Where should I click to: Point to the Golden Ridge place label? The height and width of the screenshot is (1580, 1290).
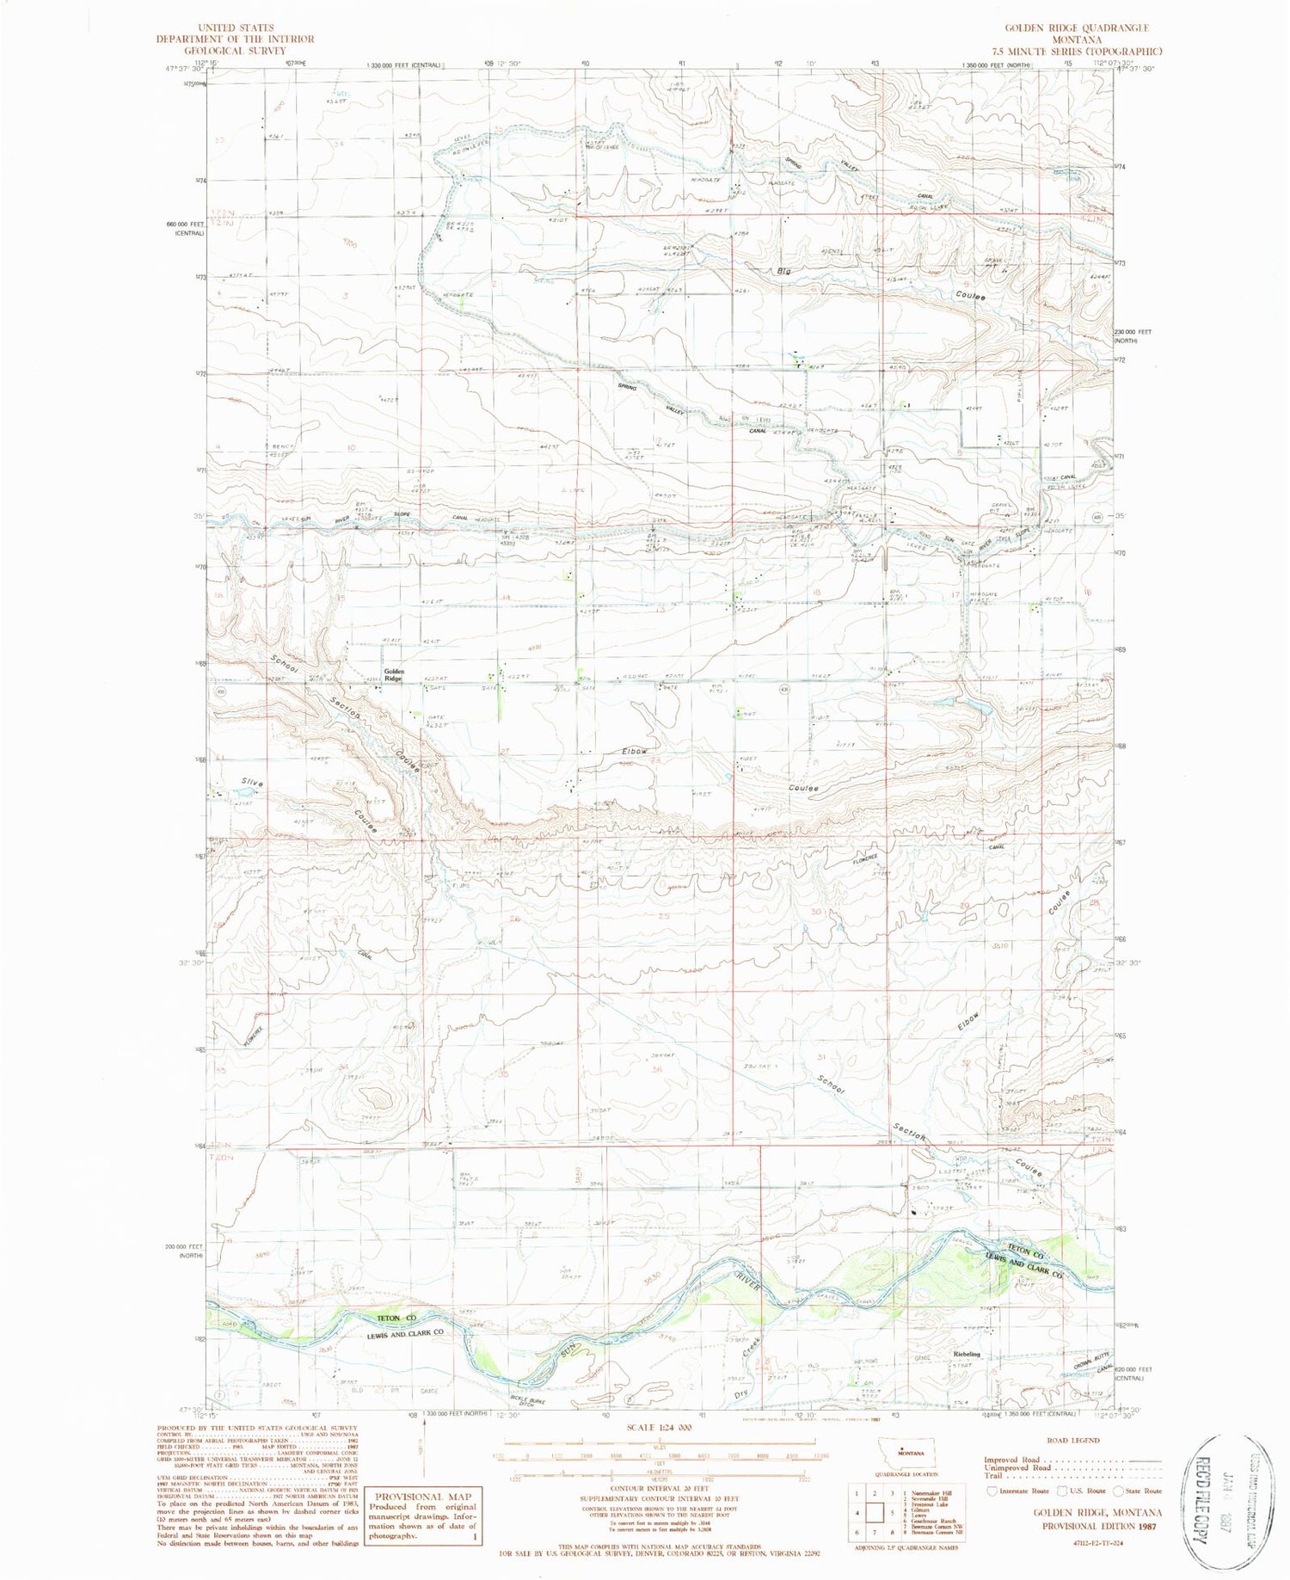[x=393, y=675]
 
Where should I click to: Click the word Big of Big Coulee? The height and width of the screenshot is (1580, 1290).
[x=783, y=272]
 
